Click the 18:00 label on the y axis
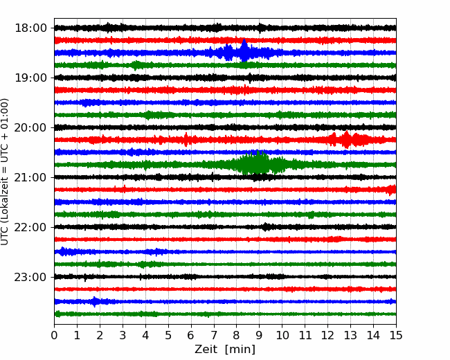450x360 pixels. click(30, 28)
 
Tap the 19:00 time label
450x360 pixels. click(30, 78)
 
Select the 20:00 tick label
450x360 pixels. click(30, 127)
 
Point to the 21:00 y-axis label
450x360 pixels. click(30, 177)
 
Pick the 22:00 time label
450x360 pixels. click(30, 227)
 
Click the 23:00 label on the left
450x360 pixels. click(30, 277)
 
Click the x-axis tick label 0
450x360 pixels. click(54, 335)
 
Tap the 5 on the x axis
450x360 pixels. click(168, 335)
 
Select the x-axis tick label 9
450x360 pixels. click(260, 335)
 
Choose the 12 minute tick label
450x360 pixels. click(327, 335)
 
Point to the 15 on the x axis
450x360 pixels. click(396, 335)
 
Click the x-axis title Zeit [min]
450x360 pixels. click(225, 349)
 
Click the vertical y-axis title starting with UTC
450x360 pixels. click(5, 172)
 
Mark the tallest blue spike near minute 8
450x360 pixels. click(244, 51)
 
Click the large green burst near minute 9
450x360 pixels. click(258, 163)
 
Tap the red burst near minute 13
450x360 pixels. click(347, 140)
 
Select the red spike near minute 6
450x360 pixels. click(186, 140)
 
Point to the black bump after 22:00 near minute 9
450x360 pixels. click(266, 227)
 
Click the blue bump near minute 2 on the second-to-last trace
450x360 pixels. click(95, 302)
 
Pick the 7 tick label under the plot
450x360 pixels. click(214, 335)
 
